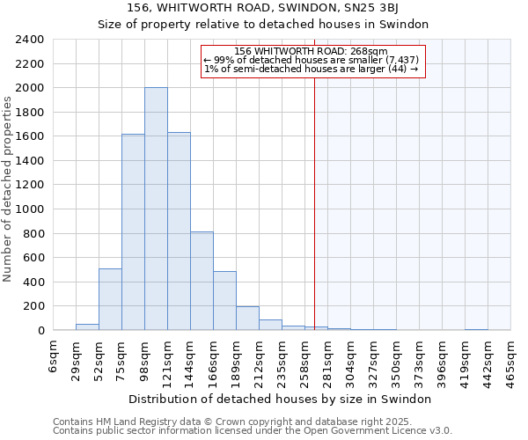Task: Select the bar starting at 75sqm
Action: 133,232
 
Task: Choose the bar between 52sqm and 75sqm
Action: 110,299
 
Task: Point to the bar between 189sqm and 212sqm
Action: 247,319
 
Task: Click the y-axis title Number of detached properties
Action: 9,186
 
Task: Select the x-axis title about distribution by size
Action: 286,399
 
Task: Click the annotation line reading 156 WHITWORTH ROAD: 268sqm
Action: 312,51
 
